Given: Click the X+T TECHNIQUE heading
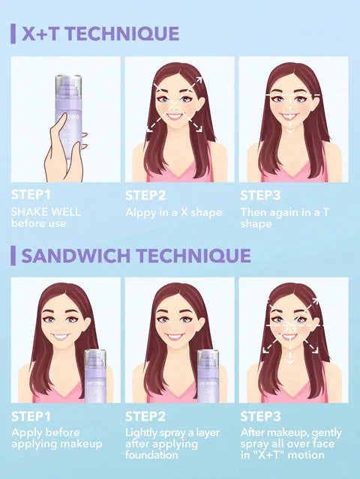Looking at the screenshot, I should (x=100, y=34).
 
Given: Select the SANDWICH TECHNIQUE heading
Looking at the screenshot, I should (x=136, y=255).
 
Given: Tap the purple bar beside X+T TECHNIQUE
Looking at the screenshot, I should (x=13, y=34).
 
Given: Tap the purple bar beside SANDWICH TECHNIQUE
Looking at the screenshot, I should (x=13, y=255).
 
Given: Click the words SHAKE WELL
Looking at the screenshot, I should (x=46, y=211).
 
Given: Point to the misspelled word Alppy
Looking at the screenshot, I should (x=141, y=212).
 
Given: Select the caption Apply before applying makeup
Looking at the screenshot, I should (x=56, y=439).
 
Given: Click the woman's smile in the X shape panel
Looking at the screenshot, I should (x=174, y=117).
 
